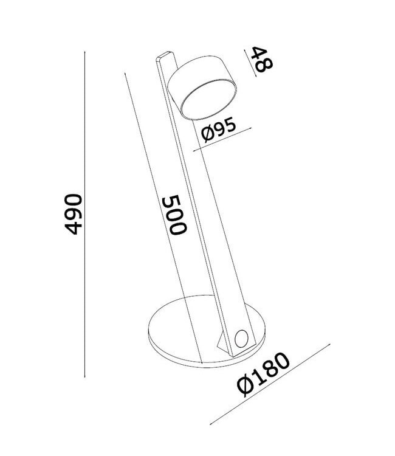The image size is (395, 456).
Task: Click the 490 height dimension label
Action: (x=73, y=214)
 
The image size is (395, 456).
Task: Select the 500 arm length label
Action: (x=174, y=215)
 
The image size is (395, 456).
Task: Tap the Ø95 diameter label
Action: (x=219, y=130)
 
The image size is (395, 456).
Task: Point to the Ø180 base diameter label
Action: (x=263, y=375)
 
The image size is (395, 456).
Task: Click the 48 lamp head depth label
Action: (x=261, y=59)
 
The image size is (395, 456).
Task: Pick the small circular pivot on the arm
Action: (x=242, y=339)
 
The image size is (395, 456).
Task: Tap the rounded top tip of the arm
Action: (x=165, y=56)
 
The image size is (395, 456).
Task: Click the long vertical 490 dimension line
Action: (x=84, y=215)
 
